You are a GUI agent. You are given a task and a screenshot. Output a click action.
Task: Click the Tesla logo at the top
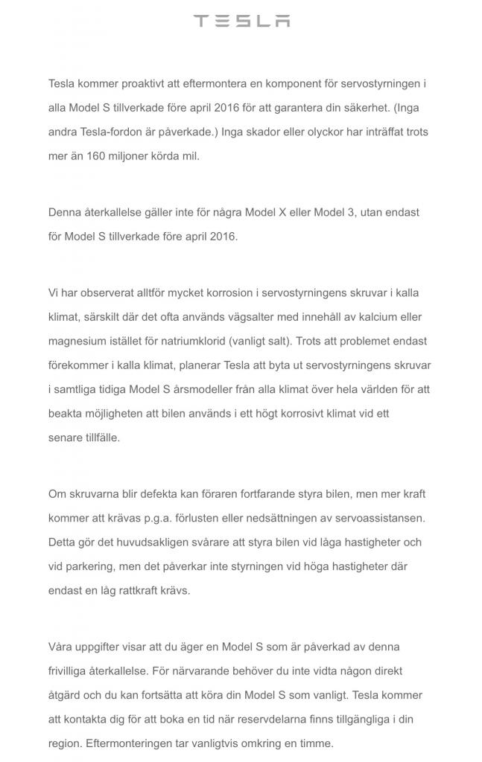(x=241, y=21)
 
